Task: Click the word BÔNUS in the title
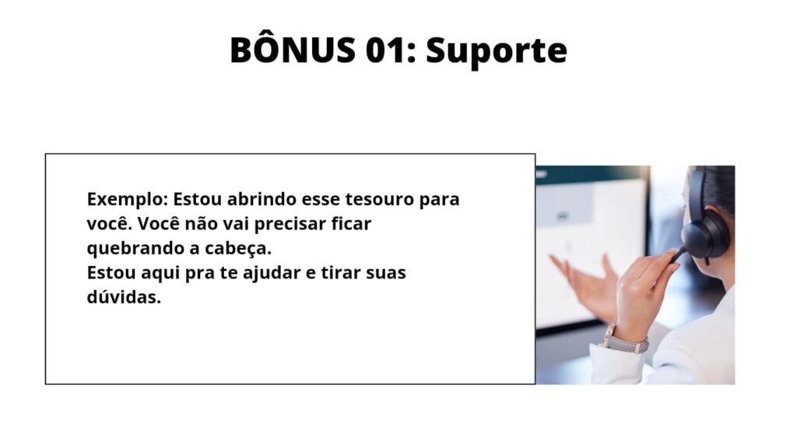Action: click(293, 49)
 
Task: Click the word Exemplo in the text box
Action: click(127, 200)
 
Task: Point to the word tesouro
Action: click(380, 199)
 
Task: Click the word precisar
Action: click(290, 224)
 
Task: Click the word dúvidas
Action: click(124, 297)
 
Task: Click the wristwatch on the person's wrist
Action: click(625, 341)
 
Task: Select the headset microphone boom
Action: click(679, 255)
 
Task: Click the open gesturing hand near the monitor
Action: click(585, 282)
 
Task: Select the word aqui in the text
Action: click(160, 274)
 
